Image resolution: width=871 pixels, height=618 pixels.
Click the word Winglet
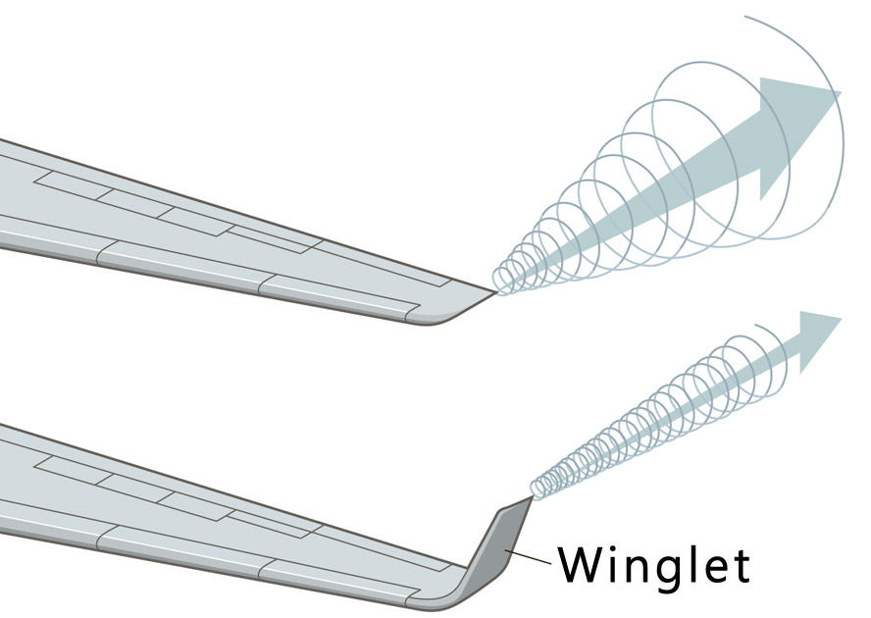pyautogui.click(x=653, y=564)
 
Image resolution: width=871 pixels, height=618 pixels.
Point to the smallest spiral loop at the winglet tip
pyautogui.click(x=538, y=487)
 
